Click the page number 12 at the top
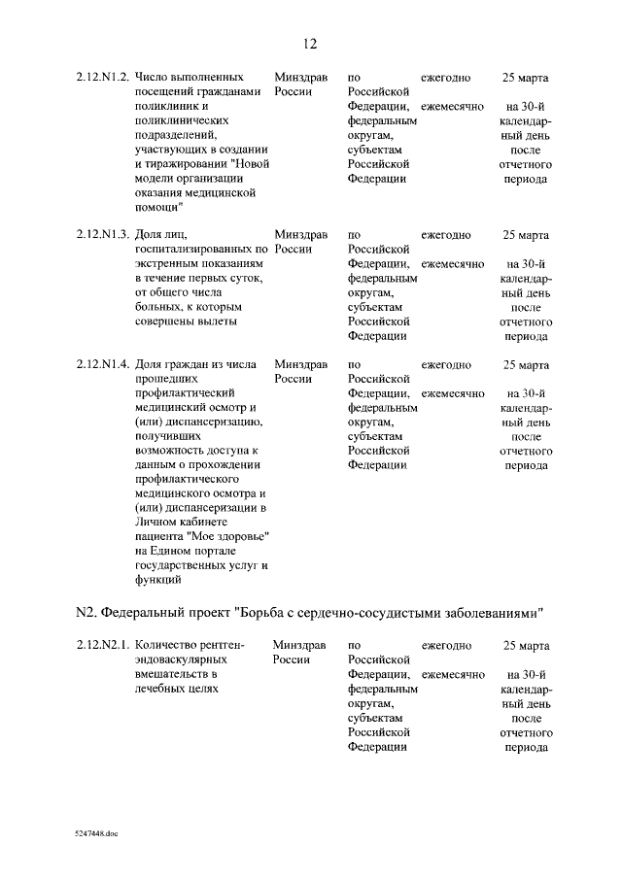tap(310, 44)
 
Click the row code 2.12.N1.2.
tap(103, 77)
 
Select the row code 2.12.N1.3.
tap(103, 235)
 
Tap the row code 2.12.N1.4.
tap(103, 364)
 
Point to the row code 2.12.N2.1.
tap(103, 645)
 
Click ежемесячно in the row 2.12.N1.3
tap(452, 263)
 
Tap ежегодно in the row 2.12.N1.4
tap(446, 364)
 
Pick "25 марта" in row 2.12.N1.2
tap(525, 77)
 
